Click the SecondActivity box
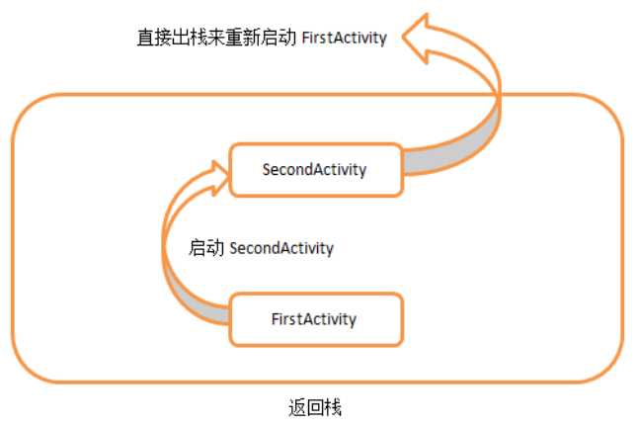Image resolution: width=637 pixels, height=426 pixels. [316, 170]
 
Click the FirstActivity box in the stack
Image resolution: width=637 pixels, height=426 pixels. [316, 319]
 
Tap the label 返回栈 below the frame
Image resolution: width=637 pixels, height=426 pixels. [315, 407]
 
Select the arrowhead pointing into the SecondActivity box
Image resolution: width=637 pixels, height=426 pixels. [218, 178]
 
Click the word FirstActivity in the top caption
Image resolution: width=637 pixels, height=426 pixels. [344, 38]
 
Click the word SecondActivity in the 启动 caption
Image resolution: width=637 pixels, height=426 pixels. [281, 248]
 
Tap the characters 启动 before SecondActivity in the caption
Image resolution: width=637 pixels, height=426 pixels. [206, 248]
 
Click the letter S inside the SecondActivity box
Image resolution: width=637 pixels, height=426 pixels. [267, 170]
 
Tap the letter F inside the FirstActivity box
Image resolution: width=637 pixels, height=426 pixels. [276, 319]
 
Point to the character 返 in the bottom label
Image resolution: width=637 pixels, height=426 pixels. [297, 407]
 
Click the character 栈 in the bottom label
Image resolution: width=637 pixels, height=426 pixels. [333, 407]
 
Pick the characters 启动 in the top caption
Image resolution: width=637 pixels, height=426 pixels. [279, 38]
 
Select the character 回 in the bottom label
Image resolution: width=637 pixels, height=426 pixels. [315, 407]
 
